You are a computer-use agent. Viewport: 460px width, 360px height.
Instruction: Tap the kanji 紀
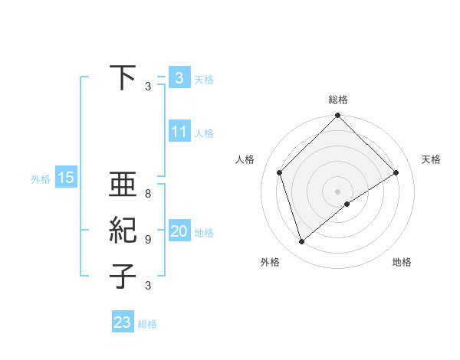(x=123, y=231)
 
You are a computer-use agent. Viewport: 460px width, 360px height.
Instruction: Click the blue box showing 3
(x=179, y=77)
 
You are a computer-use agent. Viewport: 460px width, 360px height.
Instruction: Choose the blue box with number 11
(x=179, y=132)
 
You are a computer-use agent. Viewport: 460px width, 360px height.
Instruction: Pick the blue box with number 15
(x=65, y=178)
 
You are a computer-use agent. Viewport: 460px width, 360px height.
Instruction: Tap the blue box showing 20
(x=179, y=231)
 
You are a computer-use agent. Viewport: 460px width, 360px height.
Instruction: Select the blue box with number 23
(x=122, y=322)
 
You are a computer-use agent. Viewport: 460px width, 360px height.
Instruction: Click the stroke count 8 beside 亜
(x=148, y=194)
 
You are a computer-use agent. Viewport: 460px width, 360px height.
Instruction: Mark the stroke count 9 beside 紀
(x=148, y=240)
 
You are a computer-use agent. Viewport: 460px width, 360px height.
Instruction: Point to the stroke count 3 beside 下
(x=148, y=87)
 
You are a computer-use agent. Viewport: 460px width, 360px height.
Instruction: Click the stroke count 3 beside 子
(x=148, y=286)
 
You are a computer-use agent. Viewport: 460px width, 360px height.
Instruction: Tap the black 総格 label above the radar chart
(x=337, y=100)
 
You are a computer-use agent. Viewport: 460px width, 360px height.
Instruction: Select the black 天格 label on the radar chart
(x=431, y=159)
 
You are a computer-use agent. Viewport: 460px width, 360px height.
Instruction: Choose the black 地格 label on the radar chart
(x=402, y=262)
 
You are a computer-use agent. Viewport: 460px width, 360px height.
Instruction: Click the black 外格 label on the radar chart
(x=270, y=262)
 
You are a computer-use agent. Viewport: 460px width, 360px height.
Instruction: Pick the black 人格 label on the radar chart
(x=245, y=159)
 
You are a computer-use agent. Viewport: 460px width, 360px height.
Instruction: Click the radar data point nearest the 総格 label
(x=337, y=116)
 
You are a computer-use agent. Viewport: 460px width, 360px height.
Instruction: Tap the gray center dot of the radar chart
(x=337, y=191)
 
